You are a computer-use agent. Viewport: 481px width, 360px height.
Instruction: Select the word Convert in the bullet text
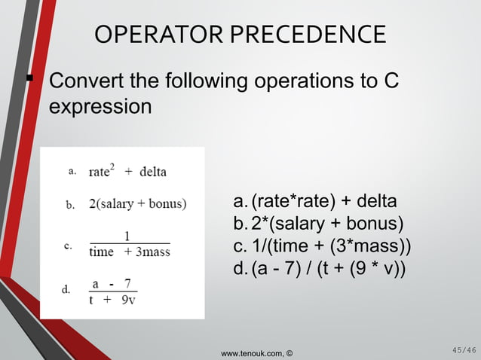point(87,81)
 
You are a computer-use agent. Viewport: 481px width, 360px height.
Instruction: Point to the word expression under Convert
point(100,106)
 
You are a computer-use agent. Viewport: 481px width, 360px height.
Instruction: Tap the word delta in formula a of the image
point(153,172)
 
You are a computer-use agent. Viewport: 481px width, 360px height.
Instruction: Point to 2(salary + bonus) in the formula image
point(138,203)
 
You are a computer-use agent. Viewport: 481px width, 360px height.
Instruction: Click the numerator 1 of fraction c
point(127,236)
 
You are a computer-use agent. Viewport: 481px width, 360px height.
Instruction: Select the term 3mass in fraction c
point(152,252)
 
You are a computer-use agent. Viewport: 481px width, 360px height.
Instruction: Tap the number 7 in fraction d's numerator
point(129,284)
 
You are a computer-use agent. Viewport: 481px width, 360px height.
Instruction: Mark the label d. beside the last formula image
point(66,289)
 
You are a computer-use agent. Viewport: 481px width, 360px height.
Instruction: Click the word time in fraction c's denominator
point(102,252)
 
